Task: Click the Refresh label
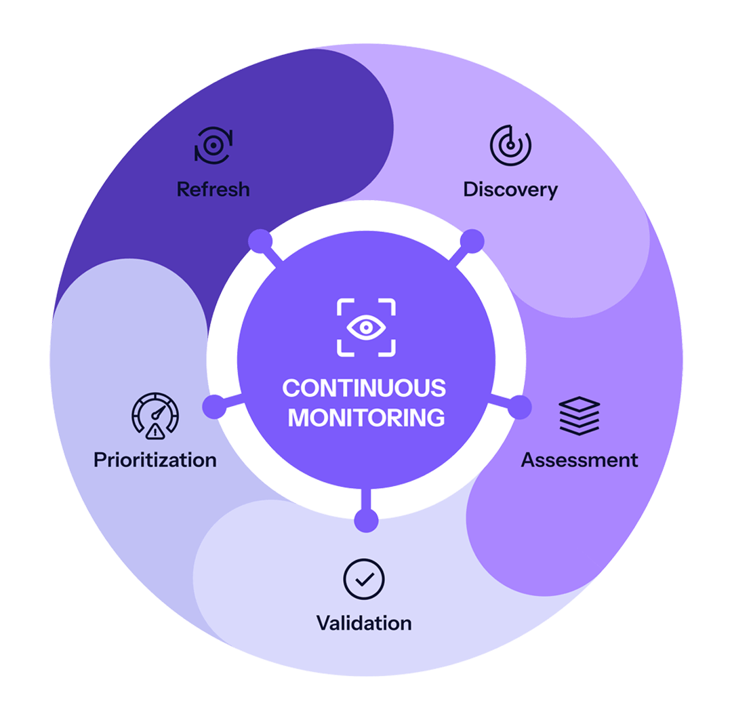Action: tap(213, 189)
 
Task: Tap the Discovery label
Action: tap(510, 189)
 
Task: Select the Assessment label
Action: tap(579, 460)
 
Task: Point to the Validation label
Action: tap(364, 622)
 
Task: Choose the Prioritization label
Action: tap(155, 460)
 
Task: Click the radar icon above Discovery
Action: tap(510, 145)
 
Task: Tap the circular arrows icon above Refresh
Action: tap(213, 145)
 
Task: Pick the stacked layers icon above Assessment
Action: tap(579, 415)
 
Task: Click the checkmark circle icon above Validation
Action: tap(364, 578)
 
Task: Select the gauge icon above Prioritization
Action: tap(155, 415)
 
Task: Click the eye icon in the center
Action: tap(366, 327)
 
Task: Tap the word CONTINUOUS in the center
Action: tap(364, 388)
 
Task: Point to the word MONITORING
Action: tap(366, 418)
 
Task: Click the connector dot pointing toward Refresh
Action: tap(260, 240)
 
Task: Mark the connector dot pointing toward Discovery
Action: tap(472, 240)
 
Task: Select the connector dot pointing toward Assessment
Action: tap(519, 407)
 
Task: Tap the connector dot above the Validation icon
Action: tap(366, 520)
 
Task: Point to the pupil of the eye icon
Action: tap(366, 327)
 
